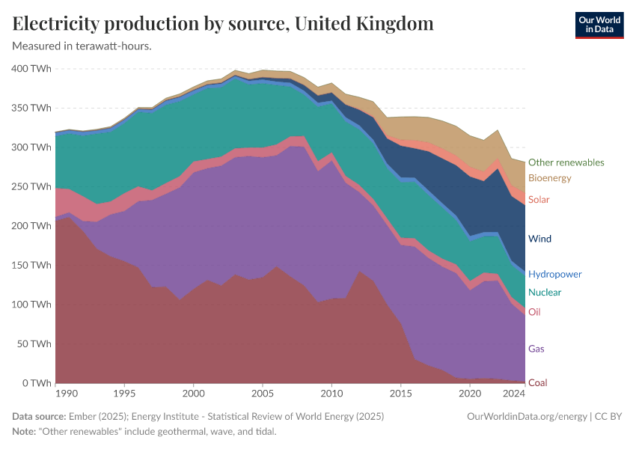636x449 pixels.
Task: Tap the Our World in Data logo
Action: pos(599,25)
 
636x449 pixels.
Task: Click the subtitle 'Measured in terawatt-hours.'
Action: pos(82,46)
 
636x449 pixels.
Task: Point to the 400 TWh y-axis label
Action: pos(31,69)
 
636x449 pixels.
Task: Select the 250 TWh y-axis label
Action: pos(31,187)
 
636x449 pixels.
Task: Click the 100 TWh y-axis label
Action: pos(31,305)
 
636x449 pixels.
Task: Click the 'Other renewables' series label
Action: pos(566,162)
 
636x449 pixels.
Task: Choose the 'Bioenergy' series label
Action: pos(549,178)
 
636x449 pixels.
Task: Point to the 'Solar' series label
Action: pos(539,200)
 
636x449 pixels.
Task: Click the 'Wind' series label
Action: pos(539,239)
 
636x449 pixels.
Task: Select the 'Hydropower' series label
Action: pos(554,275)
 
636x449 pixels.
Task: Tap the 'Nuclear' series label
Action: pos(544,293)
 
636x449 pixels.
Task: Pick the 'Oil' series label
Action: pos(534,312)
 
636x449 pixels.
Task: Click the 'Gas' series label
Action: pos(536,349)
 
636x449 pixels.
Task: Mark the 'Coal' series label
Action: pos(537,383)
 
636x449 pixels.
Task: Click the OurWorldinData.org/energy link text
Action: pos(526,417)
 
